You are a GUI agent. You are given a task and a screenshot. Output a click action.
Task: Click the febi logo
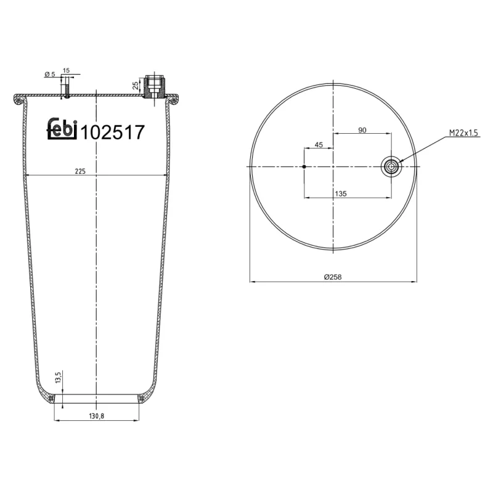tap(62, 130)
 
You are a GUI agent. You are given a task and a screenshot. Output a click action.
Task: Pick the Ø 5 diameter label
tap(50, 74)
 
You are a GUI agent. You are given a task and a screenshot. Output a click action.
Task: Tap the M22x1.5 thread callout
tap(464, 132)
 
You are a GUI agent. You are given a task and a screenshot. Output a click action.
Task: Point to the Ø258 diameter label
tap(333, 277)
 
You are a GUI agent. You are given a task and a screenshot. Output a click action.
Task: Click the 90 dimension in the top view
tap(362, 129)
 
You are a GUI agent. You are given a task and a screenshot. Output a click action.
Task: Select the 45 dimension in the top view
tap(319, 145)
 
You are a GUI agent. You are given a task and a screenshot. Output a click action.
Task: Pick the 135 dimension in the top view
tap(340, 193)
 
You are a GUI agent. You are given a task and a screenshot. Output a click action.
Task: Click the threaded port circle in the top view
tap(391, 166)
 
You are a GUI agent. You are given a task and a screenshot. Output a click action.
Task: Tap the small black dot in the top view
tap(304, 166)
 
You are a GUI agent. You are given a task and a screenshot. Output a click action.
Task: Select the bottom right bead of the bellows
tap(142, 399)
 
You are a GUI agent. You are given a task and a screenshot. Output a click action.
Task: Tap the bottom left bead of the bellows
tap(52, 399)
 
